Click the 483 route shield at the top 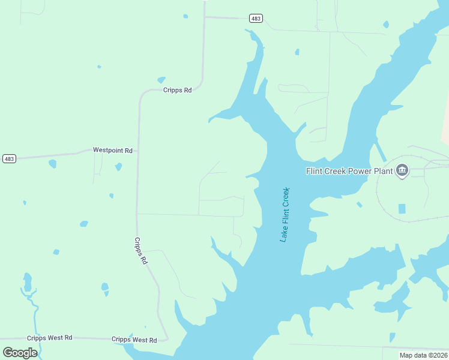(256, 19)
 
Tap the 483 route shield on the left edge (9, 158)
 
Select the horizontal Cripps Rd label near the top (177, 90)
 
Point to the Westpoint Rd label (112, 150)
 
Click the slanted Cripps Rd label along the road (140, 251)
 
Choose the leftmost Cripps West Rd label (50, 338)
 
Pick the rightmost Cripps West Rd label (134, 340)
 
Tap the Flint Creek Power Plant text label (349, 171)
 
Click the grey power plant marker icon (402, 171)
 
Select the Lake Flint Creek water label (285, 215)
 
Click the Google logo (20, 352)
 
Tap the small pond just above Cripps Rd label (161, 80)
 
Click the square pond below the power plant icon (402, 209)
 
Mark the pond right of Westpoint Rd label (118, 167)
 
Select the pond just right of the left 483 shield (52, 164)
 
